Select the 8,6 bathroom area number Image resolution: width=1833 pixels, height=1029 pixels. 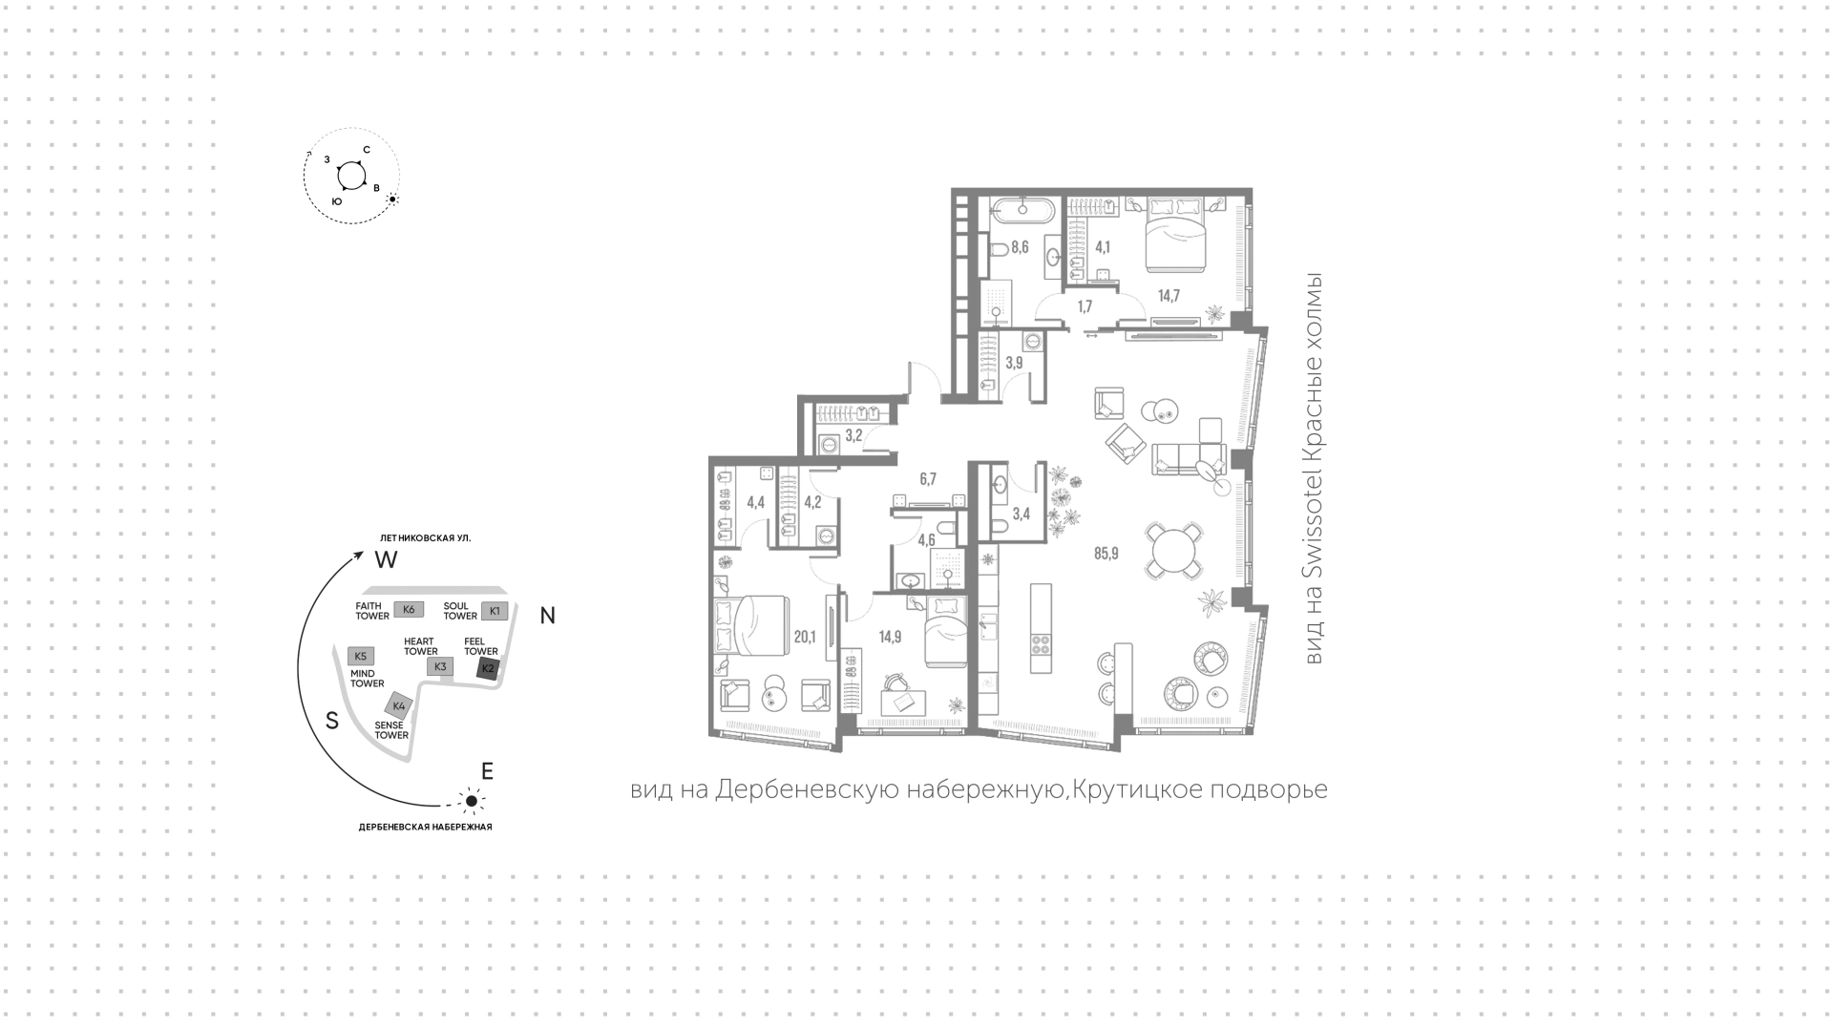coord(1020,247)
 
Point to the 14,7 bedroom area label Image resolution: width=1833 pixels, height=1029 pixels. coord(1169,296)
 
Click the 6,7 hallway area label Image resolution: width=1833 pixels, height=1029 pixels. coord(928,479)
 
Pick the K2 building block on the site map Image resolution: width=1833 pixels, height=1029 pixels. coord(488,668)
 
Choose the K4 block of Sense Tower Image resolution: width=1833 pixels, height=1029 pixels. coord(399,706)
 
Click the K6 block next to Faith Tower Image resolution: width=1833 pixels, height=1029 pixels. coord(409,610)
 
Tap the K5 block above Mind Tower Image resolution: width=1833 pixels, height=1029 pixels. coord(360,657)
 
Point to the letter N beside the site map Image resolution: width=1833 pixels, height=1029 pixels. coord(548,617)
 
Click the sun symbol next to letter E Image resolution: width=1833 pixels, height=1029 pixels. coord(470,801)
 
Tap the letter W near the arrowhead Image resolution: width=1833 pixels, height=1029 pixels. coord(386,560)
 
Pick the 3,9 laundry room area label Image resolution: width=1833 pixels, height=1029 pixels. coord(1014,363)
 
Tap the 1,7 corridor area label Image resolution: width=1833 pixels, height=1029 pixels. coord(1085,306)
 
